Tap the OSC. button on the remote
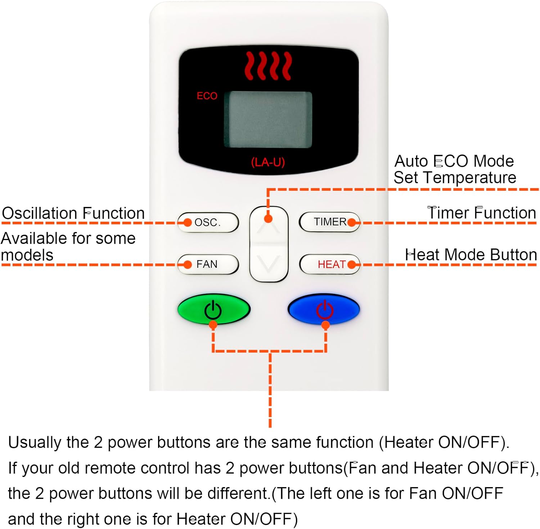point(208,222)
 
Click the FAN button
point(208,264)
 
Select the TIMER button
point(329,222)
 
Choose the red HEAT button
point(329,264)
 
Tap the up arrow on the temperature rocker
point(269,227)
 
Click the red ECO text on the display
point(207,96)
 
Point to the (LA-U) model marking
point(268,162)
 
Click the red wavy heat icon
point(268,65)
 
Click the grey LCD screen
point(268,119)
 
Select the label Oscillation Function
point(73,213)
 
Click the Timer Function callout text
point(482,213)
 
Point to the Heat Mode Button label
point(471,255)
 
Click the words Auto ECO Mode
point(454,161)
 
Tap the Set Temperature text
point(455,178)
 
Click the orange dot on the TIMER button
point(352,222)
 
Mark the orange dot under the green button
point(213,325)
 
